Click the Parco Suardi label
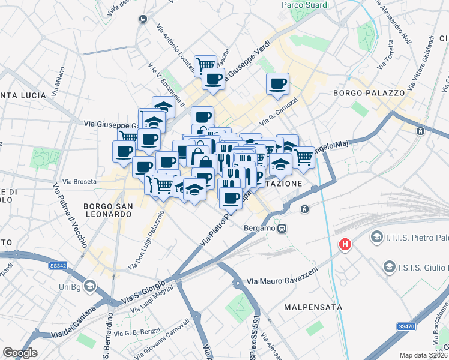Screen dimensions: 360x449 [x=306, y=5]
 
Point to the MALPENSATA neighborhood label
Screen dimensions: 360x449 [x=313, y=307]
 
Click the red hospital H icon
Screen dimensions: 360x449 [x=345, y=244]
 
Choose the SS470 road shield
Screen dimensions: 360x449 [x=406, y=326]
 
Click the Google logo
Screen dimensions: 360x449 [x=20, y=353]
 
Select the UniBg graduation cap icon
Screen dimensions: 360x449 [x=90, y=284]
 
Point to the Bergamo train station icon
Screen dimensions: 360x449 [x=282, y=228]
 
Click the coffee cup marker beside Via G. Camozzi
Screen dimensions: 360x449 [x=277, y=84]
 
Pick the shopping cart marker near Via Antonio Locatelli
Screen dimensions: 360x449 [x=205, y=64]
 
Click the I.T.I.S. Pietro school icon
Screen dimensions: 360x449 [x=377, y=237]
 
